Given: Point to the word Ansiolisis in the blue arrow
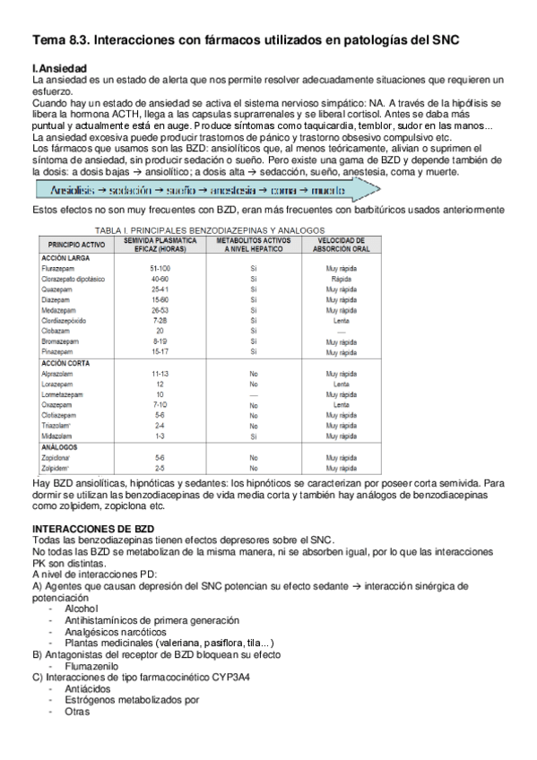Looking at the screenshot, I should click(68, 191).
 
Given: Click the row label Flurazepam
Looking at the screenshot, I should click(60, 269).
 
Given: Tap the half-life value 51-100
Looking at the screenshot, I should click(160, 269).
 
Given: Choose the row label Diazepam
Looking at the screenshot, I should click(57, 299).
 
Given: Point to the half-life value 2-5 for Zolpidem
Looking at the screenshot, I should click(160, 467).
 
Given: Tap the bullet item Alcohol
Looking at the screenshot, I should click(82, 609).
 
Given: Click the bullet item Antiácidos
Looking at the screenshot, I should click(88, 689).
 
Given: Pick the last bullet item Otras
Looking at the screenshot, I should click(77, 712).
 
